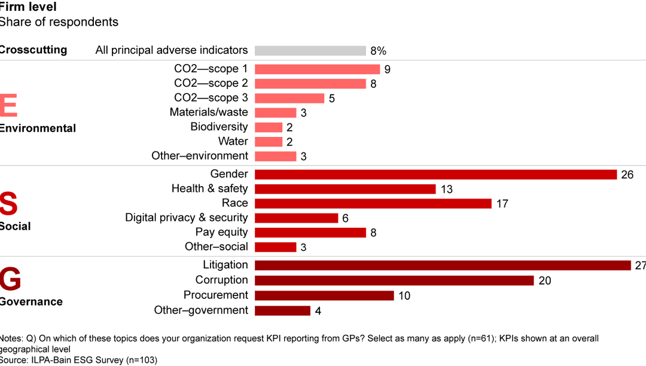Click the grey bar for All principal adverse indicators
pos(310,51)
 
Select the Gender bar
pos(435,174)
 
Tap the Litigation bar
pos(443,265)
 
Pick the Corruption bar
pos(394,280)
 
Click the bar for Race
pos(373,203)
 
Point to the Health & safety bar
pos(345,189)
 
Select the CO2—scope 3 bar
pos(290,98)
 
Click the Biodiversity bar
pos(269,127)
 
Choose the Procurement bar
pos(324,295)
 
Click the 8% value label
pos(378,51)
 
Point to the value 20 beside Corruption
pos(544,280)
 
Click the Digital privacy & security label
pos(186,218)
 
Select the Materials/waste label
pos(208,112)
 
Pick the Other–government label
pos(200,310)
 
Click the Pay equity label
pos(221,232)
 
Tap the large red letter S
pos(8,203)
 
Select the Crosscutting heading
pos(33,50)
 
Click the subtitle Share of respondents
pos(59,22)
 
